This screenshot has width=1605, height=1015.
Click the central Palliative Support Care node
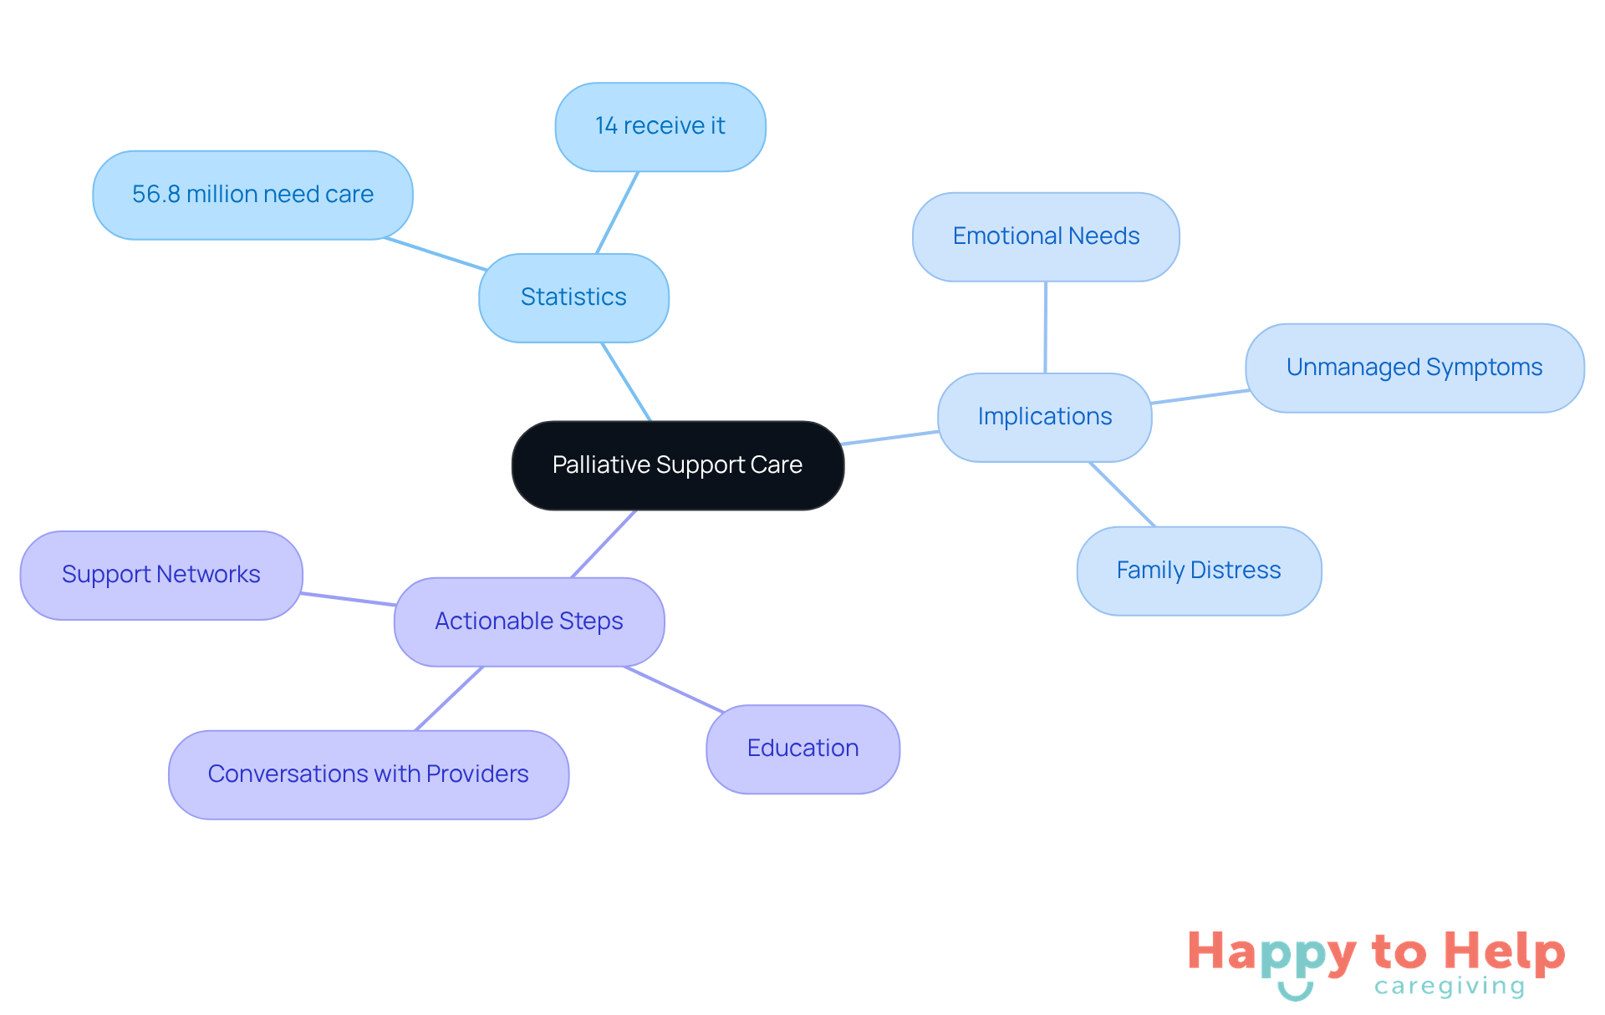pos(677,465)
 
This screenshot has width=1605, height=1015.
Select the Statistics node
pos(573,297)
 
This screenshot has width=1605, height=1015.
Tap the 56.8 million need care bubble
pos(252,195)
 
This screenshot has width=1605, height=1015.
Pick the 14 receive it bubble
pos(660,126)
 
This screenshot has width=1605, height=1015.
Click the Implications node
pos(1044,417)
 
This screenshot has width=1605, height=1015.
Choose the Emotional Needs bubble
pos(1046,236)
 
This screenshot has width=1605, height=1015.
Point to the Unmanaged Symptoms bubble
pos(1414,368)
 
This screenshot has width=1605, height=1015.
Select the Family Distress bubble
pos(1199,571)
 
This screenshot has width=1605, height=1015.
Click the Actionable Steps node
pos(529,622)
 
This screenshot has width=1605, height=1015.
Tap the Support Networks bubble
pos(161,575)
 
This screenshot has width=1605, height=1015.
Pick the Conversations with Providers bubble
pos(369,774)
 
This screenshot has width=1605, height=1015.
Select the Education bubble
pos(802,749)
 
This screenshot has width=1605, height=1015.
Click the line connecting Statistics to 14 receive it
pos(618,212)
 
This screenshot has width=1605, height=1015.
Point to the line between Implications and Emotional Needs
pos(1045,327)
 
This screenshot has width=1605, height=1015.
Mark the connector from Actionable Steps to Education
pos(674,689)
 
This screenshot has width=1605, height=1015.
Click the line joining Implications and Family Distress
pos(1123,495)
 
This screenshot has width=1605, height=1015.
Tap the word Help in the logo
pos(1504,952)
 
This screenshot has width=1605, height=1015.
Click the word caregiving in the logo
pos(1450,987)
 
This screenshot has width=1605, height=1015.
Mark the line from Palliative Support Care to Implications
pos(890,438)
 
